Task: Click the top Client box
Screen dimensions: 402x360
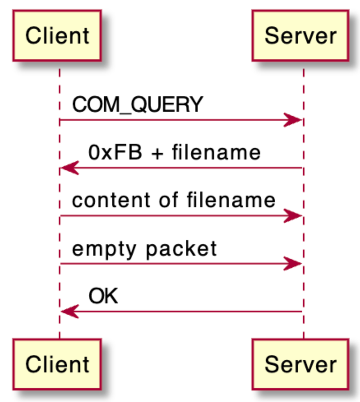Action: tap(57, 36)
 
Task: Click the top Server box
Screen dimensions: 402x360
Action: tap(300, 36)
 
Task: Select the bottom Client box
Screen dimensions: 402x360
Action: tap(57, 364)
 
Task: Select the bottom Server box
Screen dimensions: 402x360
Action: tap(300, 364)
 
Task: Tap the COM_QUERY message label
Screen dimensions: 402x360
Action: tap(138, 105)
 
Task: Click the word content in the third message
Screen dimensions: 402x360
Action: tap(105, 201)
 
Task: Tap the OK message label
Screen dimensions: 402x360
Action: tap(103, 296)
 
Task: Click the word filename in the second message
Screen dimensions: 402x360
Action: tap(216, 152)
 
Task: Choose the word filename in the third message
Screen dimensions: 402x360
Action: tap(231, 201)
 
